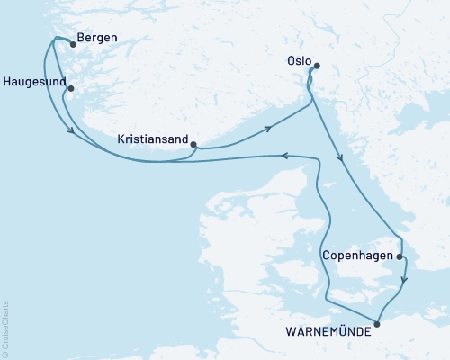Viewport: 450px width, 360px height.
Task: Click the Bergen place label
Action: (x=98, y=39)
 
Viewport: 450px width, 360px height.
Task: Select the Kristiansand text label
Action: (x=153, y=139)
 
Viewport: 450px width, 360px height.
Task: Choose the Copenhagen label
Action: (x=357, y=256)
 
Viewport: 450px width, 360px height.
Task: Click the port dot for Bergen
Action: (x=72, y=43)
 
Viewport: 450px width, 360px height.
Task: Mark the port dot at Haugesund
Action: (x=69, y=88)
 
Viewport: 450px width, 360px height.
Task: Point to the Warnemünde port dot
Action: (x=377, y=323)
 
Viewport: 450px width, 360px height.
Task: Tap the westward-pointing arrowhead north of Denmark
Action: (x=283, y=156)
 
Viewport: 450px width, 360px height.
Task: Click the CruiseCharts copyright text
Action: (x=5, y=328)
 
